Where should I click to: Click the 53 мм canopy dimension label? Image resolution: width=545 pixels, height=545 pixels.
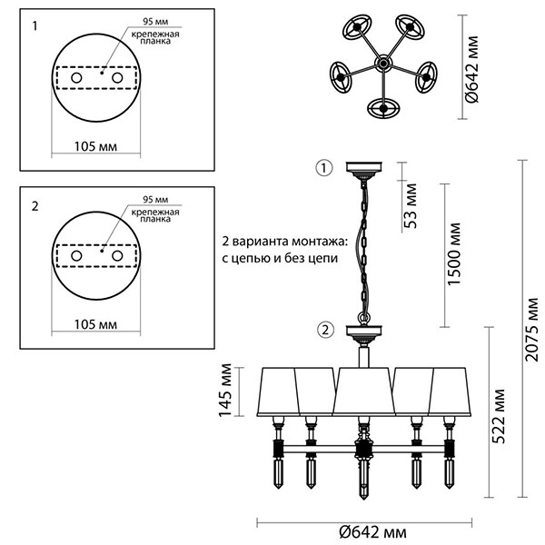click(412, 208)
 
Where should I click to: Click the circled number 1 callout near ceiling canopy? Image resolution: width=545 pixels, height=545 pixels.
click(325, 167)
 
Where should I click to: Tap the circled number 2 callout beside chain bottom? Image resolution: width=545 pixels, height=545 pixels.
click(325, 329)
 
